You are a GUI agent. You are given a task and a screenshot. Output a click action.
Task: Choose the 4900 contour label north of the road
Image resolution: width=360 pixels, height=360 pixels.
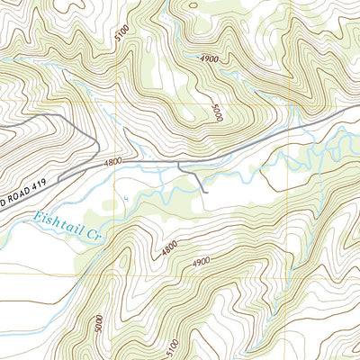click(209, 58)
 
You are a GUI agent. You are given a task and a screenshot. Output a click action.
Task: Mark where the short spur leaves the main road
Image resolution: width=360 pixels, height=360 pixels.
click(178, 163)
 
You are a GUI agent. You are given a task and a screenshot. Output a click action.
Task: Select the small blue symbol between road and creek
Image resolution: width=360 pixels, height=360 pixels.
click(128, 195)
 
